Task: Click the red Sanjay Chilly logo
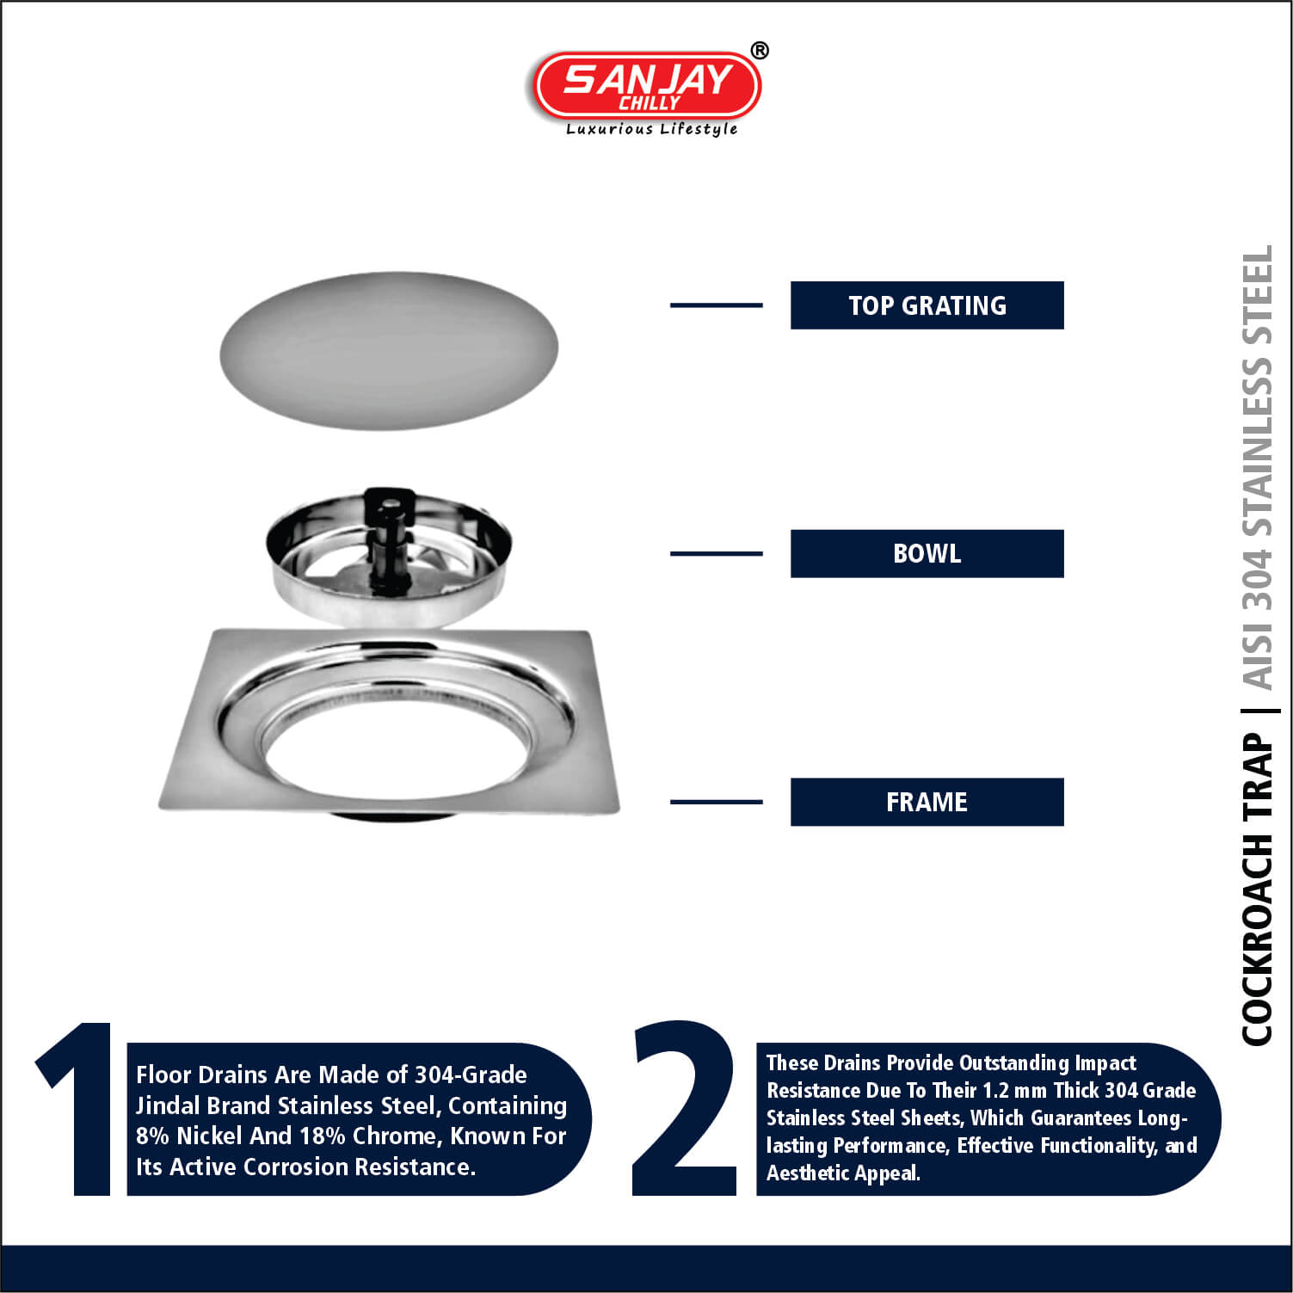pyautogui.click(x=647, y=85)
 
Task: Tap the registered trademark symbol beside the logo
pyautogui.click(x=760, y=51)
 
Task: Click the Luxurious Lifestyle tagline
pyautogui.click(x=651, y=129)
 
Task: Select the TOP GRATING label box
pyautogui.click(x=927, y=305)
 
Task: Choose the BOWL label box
pyautogui.click(x=927, y=554)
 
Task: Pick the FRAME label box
pyautogui.click(x=927, y=802)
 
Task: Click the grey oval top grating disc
pyautogui.click(x=389, y=350)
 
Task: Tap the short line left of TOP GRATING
pyautogui.click(x=716, y=305)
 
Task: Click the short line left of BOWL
pyautogui.click(x=716, y=554)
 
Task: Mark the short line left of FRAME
pyautogui.click(x=716, y=802)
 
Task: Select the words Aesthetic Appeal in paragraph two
pyautogui.click(x=843, y=1173)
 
